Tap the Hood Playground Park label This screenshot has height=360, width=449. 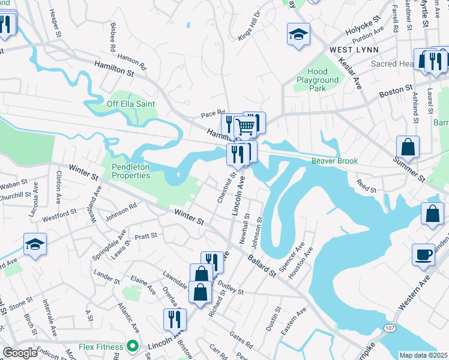pos(318,80)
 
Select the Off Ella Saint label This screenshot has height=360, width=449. pos(131,104)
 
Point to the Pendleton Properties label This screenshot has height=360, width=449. pos(131,171)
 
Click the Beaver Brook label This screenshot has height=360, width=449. pos(334,161)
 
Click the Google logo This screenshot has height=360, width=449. pos(20,353)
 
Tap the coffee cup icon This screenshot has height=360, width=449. pos(423,254)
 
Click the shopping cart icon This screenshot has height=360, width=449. pos(246,126)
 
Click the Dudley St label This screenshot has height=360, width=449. pos(231,288)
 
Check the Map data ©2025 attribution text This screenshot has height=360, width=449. pos(423,355)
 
